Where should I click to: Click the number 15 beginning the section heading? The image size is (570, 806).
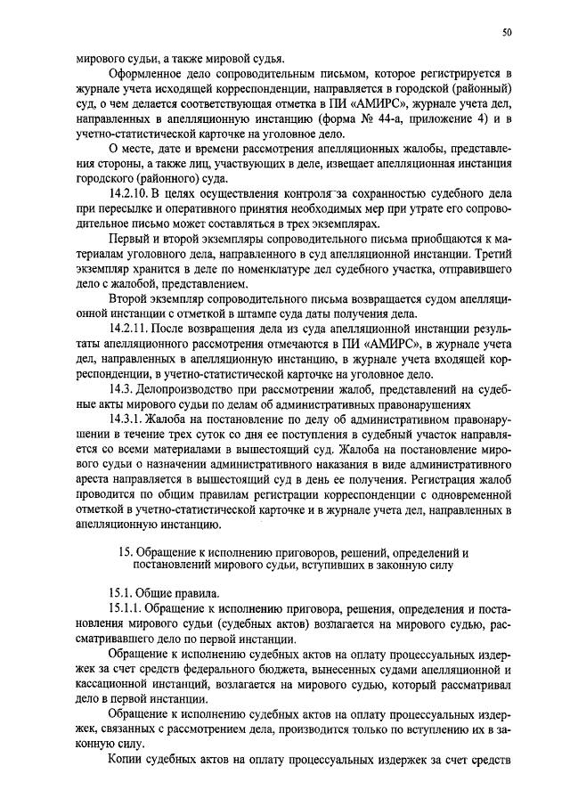[x=125, y=552]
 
